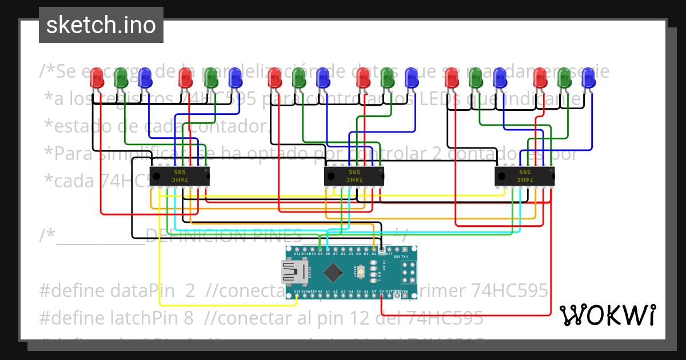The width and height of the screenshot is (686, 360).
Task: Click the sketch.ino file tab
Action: pyautogui.click(x=101, y=25)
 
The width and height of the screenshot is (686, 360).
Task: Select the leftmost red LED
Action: pyautogui.click(x=97, y=78)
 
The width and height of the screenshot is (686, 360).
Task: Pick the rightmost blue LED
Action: pyautogui.click(x=589, y=78)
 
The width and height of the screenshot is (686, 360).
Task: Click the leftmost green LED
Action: pyautogui.click(x=121, y=78)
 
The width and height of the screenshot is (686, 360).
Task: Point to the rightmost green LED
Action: pyautogui.click(x=565, y=78)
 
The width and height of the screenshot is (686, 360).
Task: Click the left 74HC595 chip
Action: pyautogui.click(x=180, y=176)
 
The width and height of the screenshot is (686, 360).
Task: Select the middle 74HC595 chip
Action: pyautogui.click(x=354, y=176)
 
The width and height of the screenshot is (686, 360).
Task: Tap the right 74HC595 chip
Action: pyautogui.click(x=524, y=176)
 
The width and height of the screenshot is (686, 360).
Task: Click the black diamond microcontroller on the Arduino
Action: pyautogui.click(x=333, y=271)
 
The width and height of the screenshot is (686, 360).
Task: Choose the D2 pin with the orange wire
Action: pyautogui.click(x=374, y=250)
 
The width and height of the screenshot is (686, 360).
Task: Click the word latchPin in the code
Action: pyautogui.click(x=137, y=317)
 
